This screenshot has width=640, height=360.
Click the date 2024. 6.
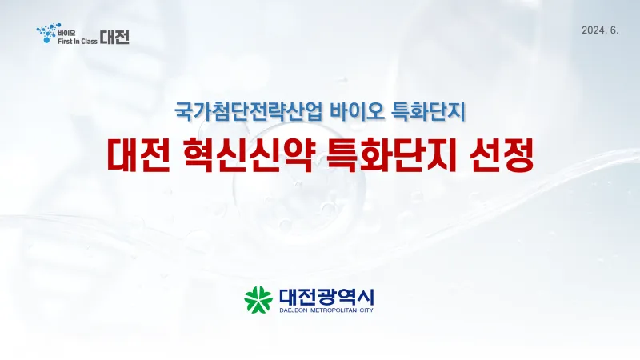600,30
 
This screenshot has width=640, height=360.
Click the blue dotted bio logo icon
48,33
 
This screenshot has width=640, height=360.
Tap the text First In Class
78,42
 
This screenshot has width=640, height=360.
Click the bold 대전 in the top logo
114,37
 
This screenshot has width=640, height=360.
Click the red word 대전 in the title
138,155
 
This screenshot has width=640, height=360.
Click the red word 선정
502,155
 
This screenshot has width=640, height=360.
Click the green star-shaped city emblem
258,299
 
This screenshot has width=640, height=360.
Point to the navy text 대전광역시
326,297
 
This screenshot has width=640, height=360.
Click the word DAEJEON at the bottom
294,310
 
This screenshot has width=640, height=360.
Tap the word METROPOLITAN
334,310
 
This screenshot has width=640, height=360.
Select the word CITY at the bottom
367,310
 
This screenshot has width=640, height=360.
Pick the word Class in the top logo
89,42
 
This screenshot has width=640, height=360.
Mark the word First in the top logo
65,42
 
